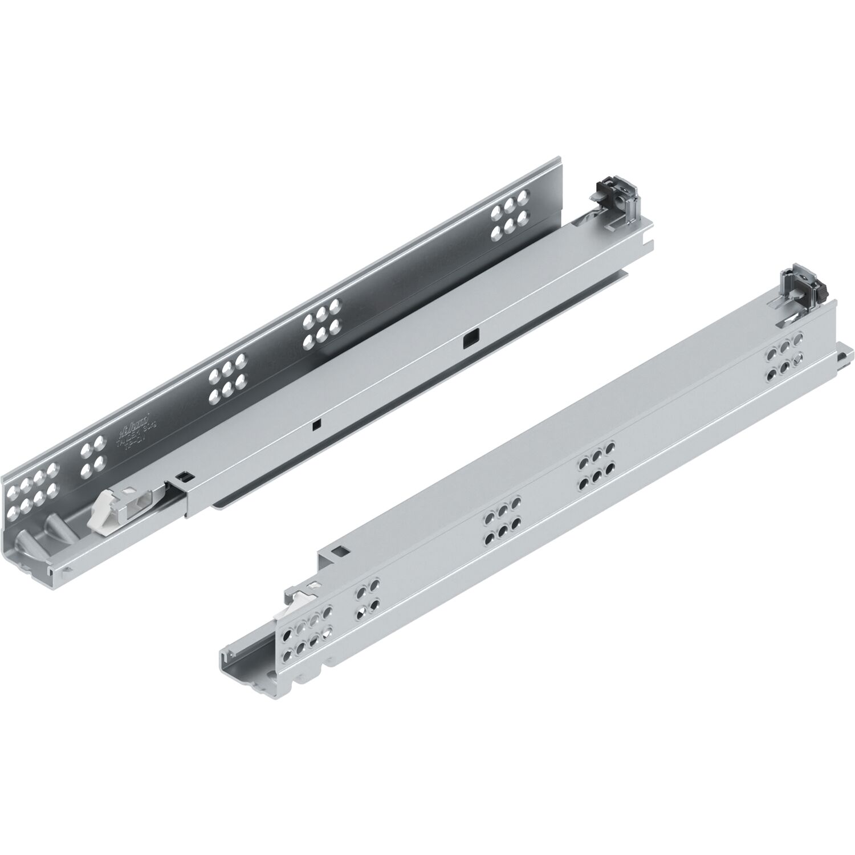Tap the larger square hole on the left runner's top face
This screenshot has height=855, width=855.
click(473, 340)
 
